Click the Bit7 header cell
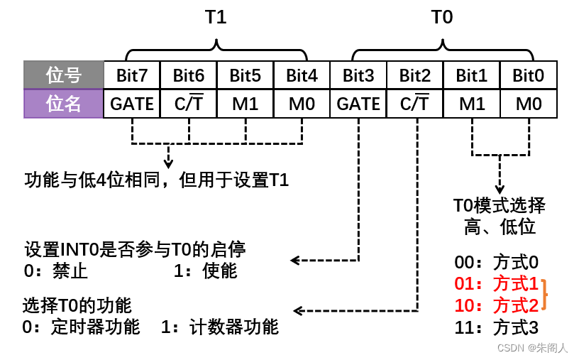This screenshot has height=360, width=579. tap(132, 75)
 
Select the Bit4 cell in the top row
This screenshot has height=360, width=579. tap(302, 75)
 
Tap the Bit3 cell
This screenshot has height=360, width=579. tap(358, 75)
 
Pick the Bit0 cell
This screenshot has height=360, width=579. tap(529, 75)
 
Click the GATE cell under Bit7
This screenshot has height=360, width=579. tap(132, 104)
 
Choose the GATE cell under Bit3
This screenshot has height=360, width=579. tap(358, 104)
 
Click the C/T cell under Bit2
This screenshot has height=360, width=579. tap(415, 104)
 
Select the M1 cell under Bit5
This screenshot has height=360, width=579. tap(246, 104)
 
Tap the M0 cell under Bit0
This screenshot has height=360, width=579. tap(529, 104)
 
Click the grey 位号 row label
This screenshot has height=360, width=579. tap(64, 75)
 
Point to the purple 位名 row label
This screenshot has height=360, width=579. tap(64, 104)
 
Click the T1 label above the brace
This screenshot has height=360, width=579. tap(216, 17)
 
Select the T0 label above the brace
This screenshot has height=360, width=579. tap(442, 17)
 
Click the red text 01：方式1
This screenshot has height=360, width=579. tap(497, 284)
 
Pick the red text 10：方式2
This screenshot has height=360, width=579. tap(497, 305)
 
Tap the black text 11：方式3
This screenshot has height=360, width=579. tap(497, 327)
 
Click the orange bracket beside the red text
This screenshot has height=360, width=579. tap(546, 295)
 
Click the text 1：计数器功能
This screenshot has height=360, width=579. tap(220, 327)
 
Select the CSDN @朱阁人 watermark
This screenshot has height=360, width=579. tap(532, 348)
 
